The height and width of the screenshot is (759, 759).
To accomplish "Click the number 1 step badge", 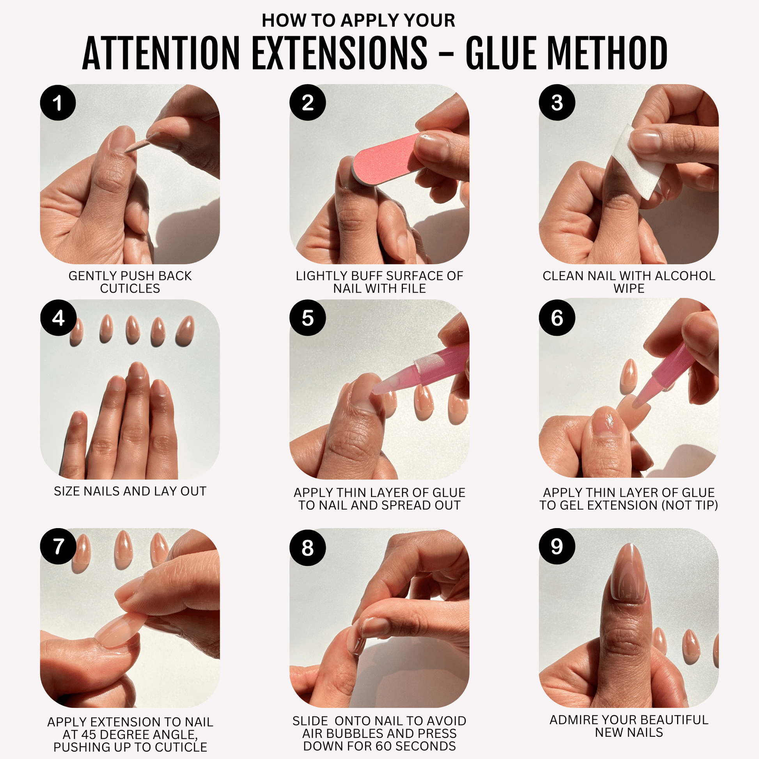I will point(58,103).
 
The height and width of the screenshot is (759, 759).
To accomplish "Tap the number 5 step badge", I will point(308,317).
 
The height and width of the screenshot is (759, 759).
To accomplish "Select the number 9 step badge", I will point(557,546).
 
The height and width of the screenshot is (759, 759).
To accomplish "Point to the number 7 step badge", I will point(58,546).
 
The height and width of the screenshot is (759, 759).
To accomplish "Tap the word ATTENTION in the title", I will point(161,53).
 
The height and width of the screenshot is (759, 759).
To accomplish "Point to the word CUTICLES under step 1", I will point(130,289).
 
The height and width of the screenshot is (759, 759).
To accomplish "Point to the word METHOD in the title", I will point(607,53).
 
